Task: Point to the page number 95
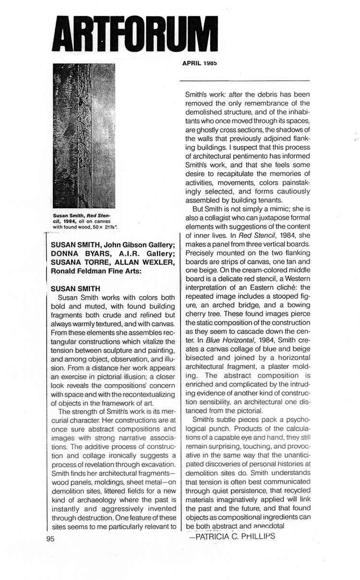tap(51, 539)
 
